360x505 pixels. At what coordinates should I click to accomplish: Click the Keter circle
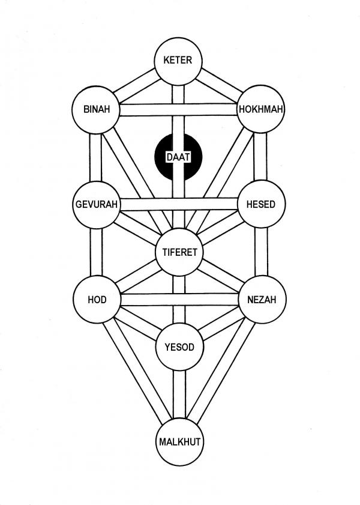(178, 61)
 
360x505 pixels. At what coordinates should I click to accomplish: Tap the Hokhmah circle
(260, 110)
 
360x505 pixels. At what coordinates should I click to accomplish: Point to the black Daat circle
(178, 157)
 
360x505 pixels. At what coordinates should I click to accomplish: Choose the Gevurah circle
(96, 204)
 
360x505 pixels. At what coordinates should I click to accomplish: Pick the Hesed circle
(260, 204)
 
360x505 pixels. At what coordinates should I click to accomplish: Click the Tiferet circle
(179, 252)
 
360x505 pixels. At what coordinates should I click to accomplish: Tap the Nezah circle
(261, 300)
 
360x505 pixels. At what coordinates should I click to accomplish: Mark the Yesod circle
(179, 346)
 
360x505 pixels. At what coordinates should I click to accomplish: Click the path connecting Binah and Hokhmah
(178, 110)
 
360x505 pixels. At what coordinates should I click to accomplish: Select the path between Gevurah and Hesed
(178, 205)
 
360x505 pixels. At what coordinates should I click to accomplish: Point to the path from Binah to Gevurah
(96, 157)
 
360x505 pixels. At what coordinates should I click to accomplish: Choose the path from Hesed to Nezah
(260, 252)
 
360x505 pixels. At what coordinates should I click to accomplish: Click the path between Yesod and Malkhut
(179, 395)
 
